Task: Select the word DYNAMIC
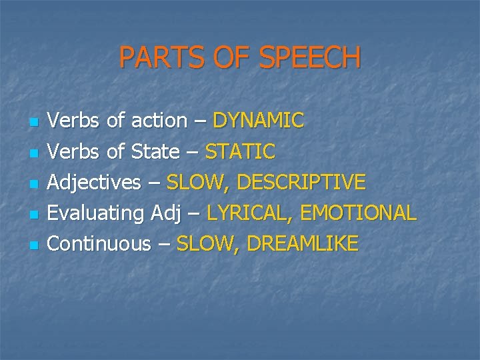click(258, 121)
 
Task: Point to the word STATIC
click(240, 151)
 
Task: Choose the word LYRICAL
click(251, 213)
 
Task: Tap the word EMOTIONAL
click(359, 213)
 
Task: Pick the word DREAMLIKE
click(302, 243)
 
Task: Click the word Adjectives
click(95, 182)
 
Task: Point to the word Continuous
click(100, 243)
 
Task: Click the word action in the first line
click(159, 121)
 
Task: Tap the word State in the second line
click(155, 151)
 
